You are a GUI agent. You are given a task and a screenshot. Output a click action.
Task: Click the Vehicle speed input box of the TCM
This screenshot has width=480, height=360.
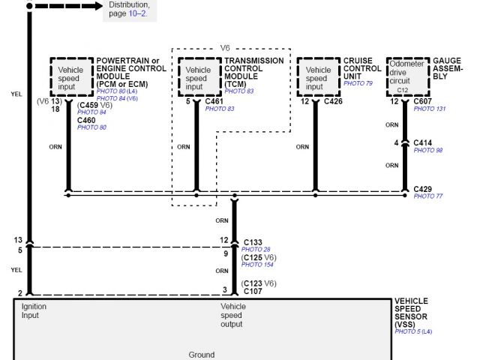click(x=196, y=76)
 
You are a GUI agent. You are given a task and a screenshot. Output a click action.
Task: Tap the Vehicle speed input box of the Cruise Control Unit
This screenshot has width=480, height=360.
click(x=317, y=76)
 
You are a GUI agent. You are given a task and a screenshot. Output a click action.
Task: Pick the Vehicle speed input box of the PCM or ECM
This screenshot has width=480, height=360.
click(x=70, y=76)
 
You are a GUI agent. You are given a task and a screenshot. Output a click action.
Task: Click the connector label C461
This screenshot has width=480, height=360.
click(x=214, y=101)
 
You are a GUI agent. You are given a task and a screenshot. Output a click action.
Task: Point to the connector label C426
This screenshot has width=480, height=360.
click(x=333, y=101)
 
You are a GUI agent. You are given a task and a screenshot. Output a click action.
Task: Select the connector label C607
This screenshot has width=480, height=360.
click(x=423, y=101)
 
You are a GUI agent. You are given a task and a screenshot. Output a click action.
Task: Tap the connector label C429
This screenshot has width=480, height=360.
click(x=423, y=188)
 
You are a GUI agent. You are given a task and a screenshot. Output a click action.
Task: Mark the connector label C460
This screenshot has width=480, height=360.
click(x=87, y=120)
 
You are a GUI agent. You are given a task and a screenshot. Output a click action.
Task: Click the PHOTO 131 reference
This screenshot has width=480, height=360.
click(x=430, y=109)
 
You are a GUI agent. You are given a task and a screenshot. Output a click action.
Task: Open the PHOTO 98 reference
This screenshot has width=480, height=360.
click(x=428, y=151)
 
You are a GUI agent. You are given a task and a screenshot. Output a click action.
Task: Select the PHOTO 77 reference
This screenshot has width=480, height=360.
click(x=428, y=196)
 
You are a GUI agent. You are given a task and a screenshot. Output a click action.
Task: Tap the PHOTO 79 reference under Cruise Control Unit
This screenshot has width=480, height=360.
click(x=358, y=83)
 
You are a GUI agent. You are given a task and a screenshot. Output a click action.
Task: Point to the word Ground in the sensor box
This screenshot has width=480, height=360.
click(x=201, y=355)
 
